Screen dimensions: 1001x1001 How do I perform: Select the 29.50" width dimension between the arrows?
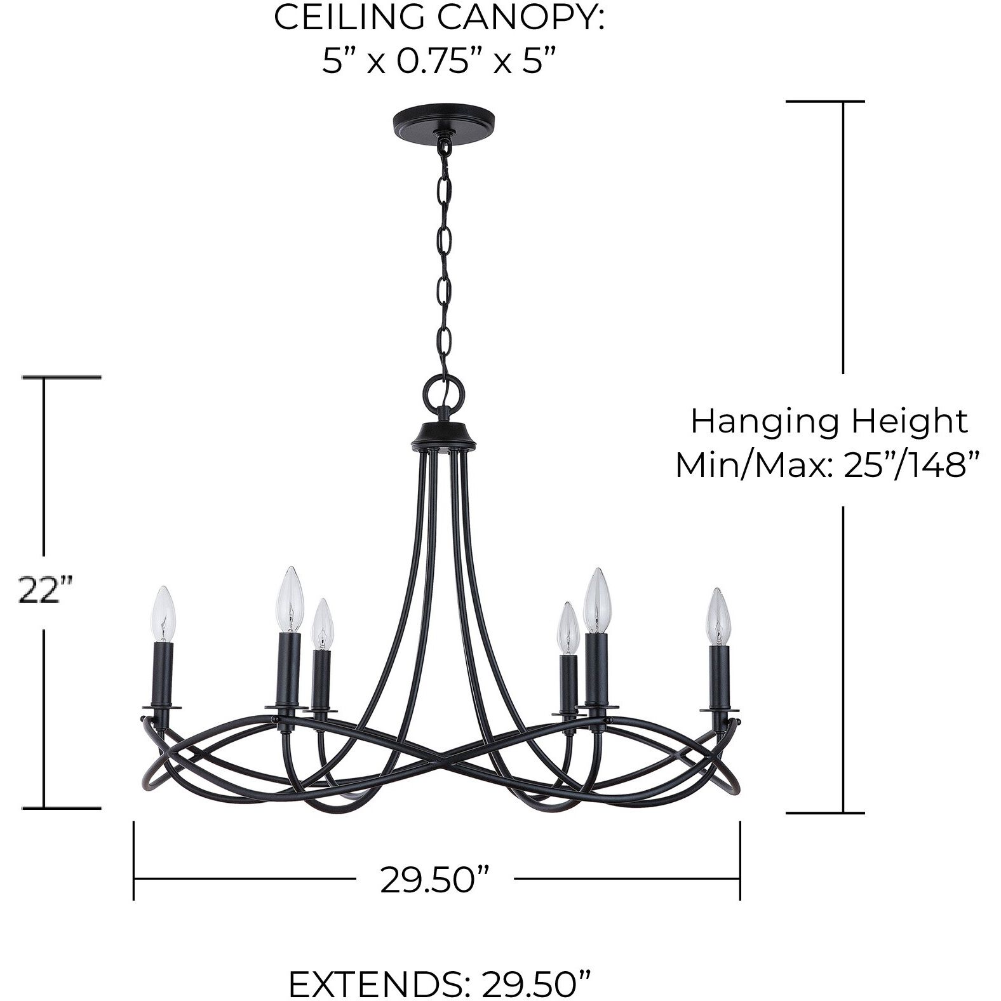pyautogui.click(x=434, y=880)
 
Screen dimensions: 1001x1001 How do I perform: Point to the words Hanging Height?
pyautogui.click(x=829, y=421)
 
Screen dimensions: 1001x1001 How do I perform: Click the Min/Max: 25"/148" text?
pyautogui.click(x=825, y=466)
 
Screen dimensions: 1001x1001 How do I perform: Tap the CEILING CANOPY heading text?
pyautogui.click(x=438, y=18)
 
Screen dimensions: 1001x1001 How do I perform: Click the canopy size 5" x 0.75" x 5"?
pyautogui.click(x=438, y=62)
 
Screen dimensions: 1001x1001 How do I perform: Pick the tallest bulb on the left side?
pyautogui.click(x=290, y=600)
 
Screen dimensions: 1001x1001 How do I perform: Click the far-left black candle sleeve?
pyautogui.click(x=163, y=675)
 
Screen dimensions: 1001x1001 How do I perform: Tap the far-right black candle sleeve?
pyautogui.click(x=720, y=677)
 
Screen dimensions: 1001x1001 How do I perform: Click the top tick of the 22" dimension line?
pyautogui.click(x=62, y=377)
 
